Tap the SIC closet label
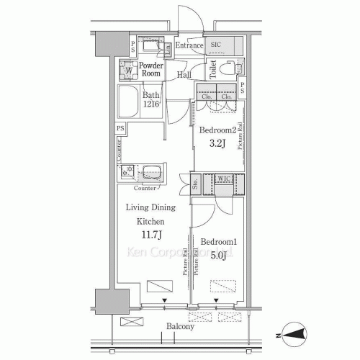[x=216, y=45]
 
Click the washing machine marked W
[x=129, y=71]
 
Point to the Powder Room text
[x=150, y=69]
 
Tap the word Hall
[x=184, y=75]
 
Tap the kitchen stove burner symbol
[x=127, y=172]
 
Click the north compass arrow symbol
[x=297, y=333]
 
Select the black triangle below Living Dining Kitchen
[x=165, y=302]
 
